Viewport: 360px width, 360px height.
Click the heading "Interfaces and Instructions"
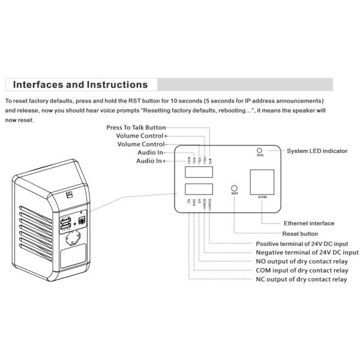(x=80, y=85)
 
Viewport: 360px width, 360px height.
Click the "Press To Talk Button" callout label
(x=136, y=127)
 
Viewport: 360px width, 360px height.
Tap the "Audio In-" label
(x=151, y=152)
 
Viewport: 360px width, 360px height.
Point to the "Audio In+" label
(x=151, y=161)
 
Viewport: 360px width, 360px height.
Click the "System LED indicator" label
(x=317, y=151)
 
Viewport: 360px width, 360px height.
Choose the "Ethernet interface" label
(x=309, y=223)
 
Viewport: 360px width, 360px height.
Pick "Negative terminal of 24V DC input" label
(x=307, y=253)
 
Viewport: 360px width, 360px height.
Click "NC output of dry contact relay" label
(x=301, y=280)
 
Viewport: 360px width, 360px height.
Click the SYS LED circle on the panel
(x=260, y=149)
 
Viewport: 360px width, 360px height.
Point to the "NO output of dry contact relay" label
(x=301, y=262)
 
